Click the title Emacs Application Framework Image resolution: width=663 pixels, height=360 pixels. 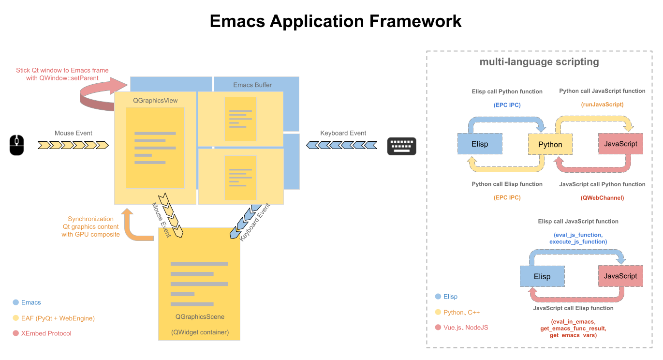coord(336,21)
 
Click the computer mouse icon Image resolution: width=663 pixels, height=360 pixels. coord(16,145)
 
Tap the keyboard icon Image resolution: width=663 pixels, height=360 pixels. coord(401,146)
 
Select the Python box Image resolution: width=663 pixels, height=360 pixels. coord(550,144)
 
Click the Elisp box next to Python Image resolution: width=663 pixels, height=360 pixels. coord(480,144)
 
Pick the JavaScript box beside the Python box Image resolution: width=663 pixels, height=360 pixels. coord(620,144)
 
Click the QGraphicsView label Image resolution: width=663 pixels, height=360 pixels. coord(155,101)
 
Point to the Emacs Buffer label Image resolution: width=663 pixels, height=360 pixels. coord(252,85)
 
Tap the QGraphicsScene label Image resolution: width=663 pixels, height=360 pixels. coord(200,317)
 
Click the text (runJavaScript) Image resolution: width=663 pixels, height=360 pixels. coord(602,104)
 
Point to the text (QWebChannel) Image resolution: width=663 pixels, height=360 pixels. coord(602,197)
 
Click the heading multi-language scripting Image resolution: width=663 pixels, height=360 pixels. coord(539,62)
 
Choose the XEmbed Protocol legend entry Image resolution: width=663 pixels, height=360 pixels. coord(46,333)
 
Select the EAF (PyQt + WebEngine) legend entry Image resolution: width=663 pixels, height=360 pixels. coord(58,318)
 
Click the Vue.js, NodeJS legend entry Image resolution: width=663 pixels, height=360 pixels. coord(466,328)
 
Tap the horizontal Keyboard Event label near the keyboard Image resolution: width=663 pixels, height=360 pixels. coord(343,133)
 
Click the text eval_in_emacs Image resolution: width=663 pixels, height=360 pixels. coord(573,322)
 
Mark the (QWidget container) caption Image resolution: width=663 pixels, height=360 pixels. coord(200,332)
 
